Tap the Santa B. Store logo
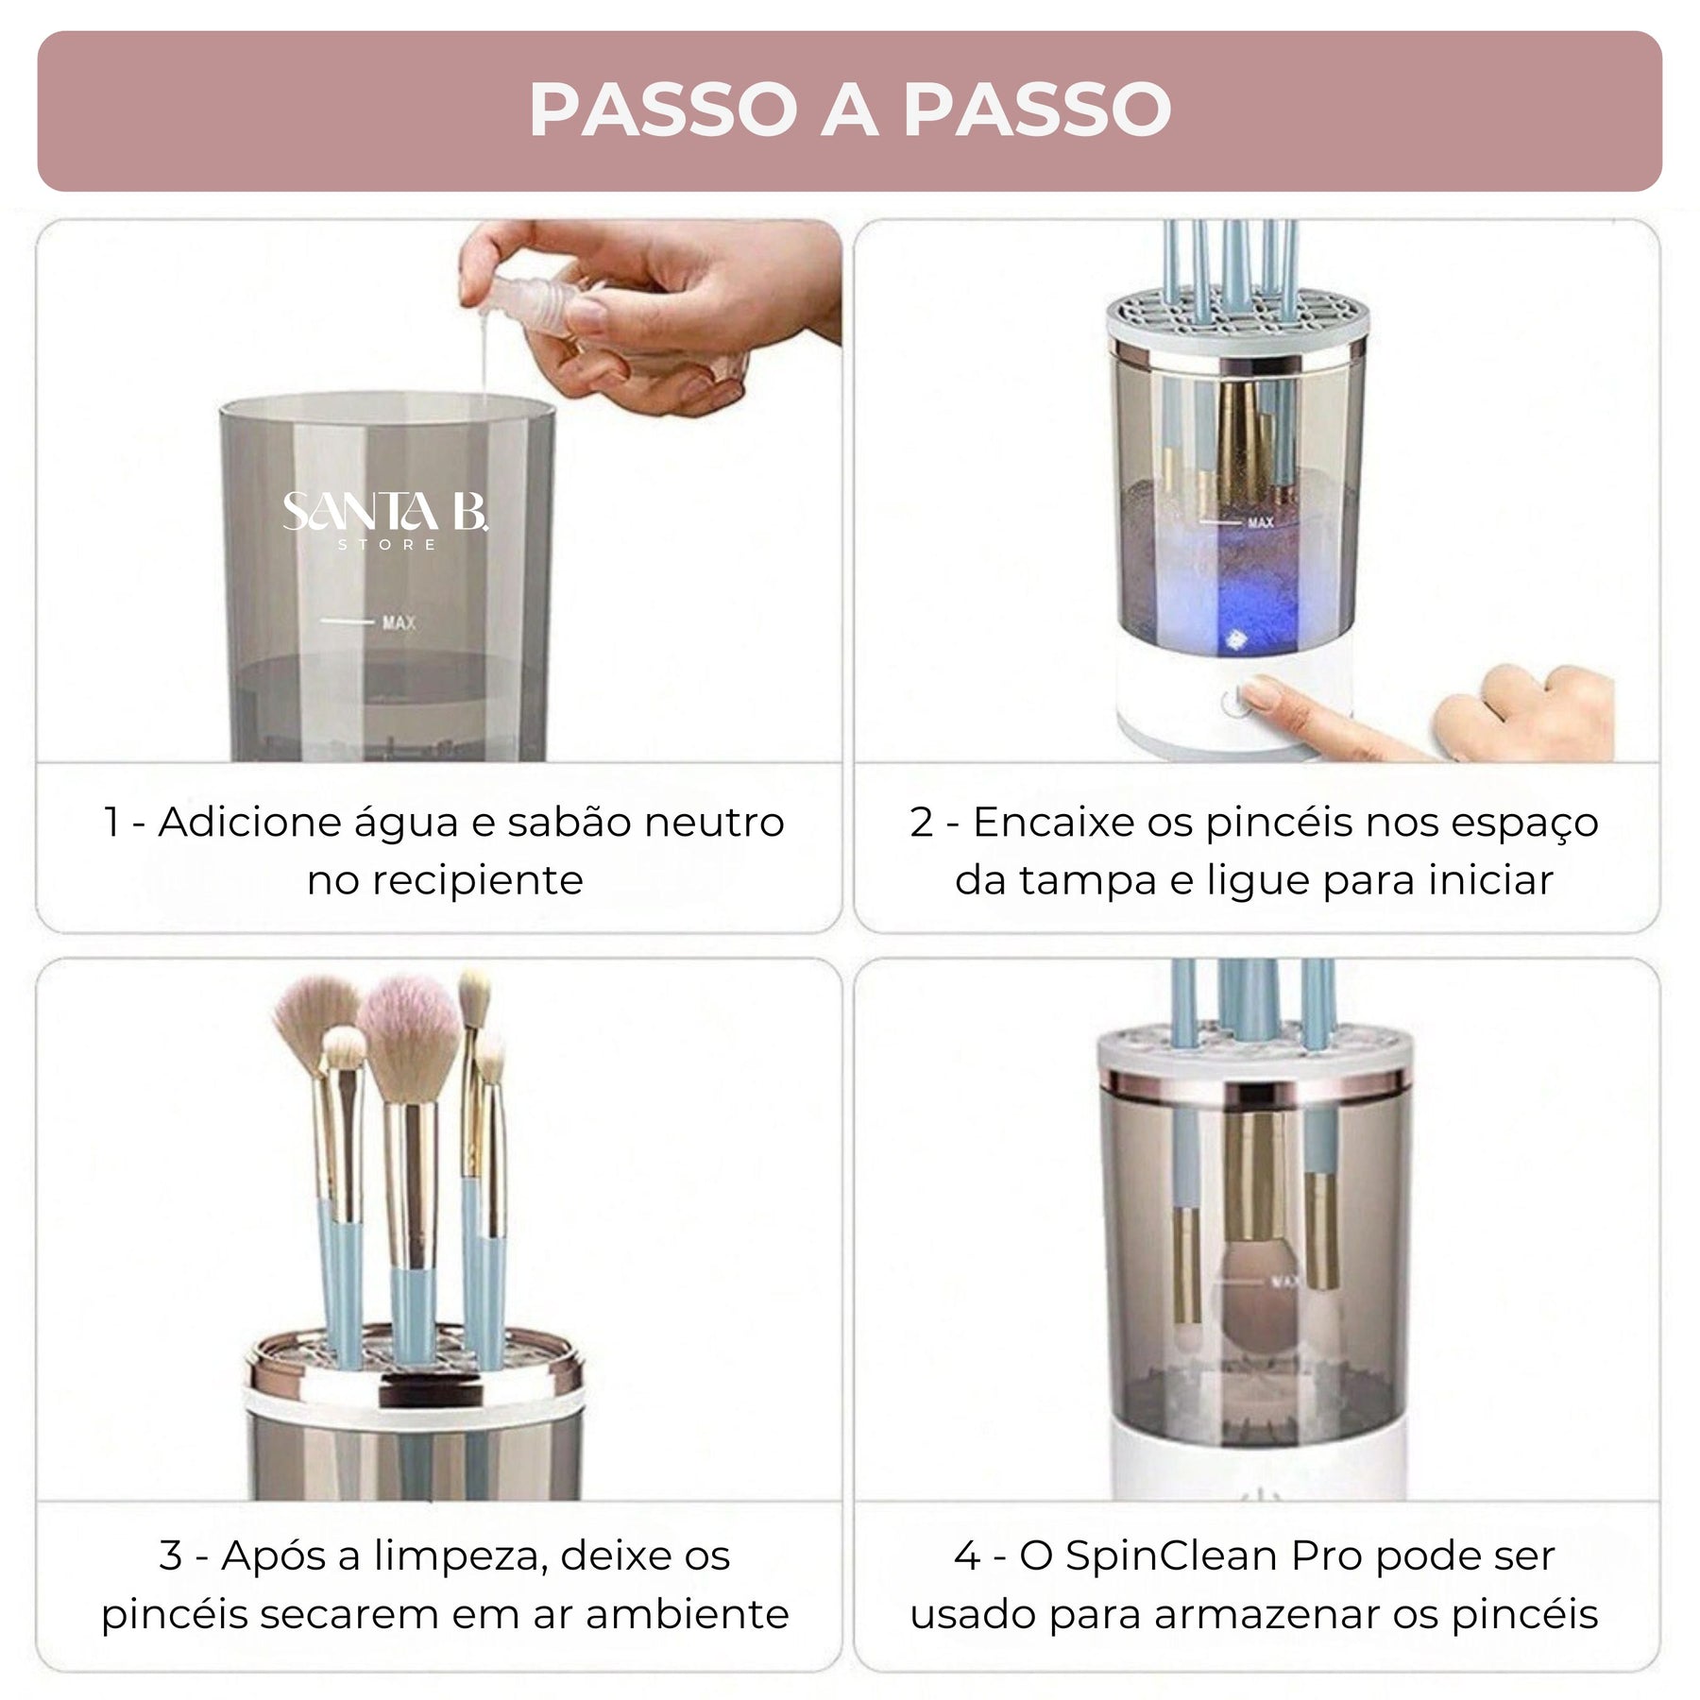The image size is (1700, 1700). [385, 520]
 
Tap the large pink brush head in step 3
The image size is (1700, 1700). [409, 1039]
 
